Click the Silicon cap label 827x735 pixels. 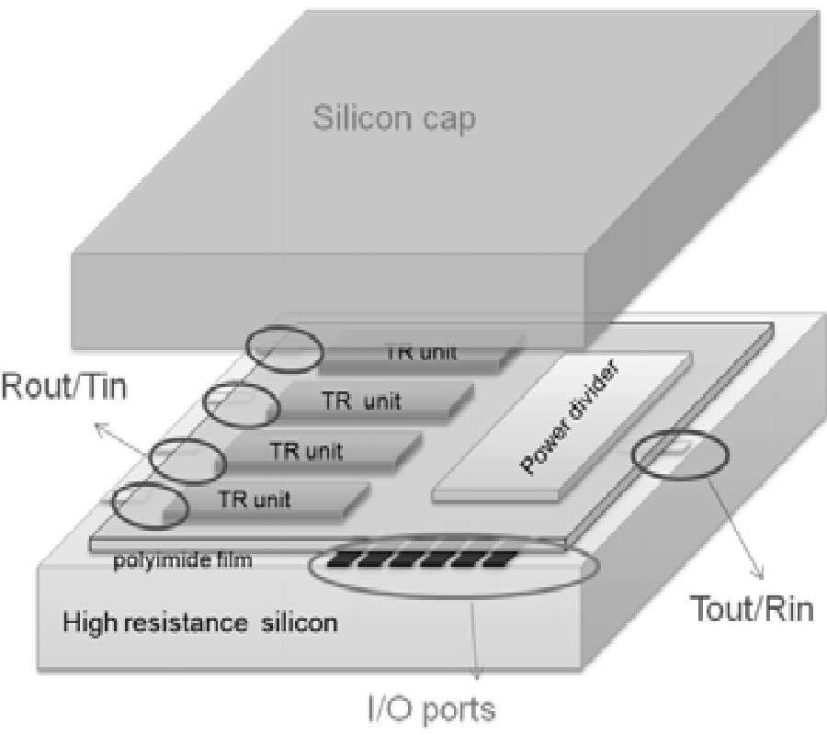click(394, 120)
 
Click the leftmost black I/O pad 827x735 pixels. click(343, 559)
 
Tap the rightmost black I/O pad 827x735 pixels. click(497, 559)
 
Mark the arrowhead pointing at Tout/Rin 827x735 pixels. click(759, 576)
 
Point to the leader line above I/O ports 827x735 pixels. click(474, 633)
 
